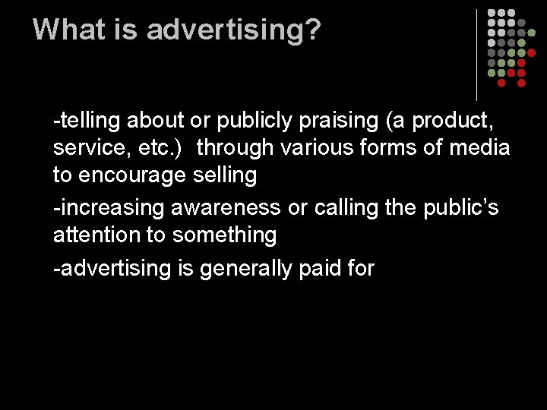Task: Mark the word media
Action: (x=480, y=147)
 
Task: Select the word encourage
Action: (x=138, y=175)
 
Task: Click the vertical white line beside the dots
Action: (x=476, y=55)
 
